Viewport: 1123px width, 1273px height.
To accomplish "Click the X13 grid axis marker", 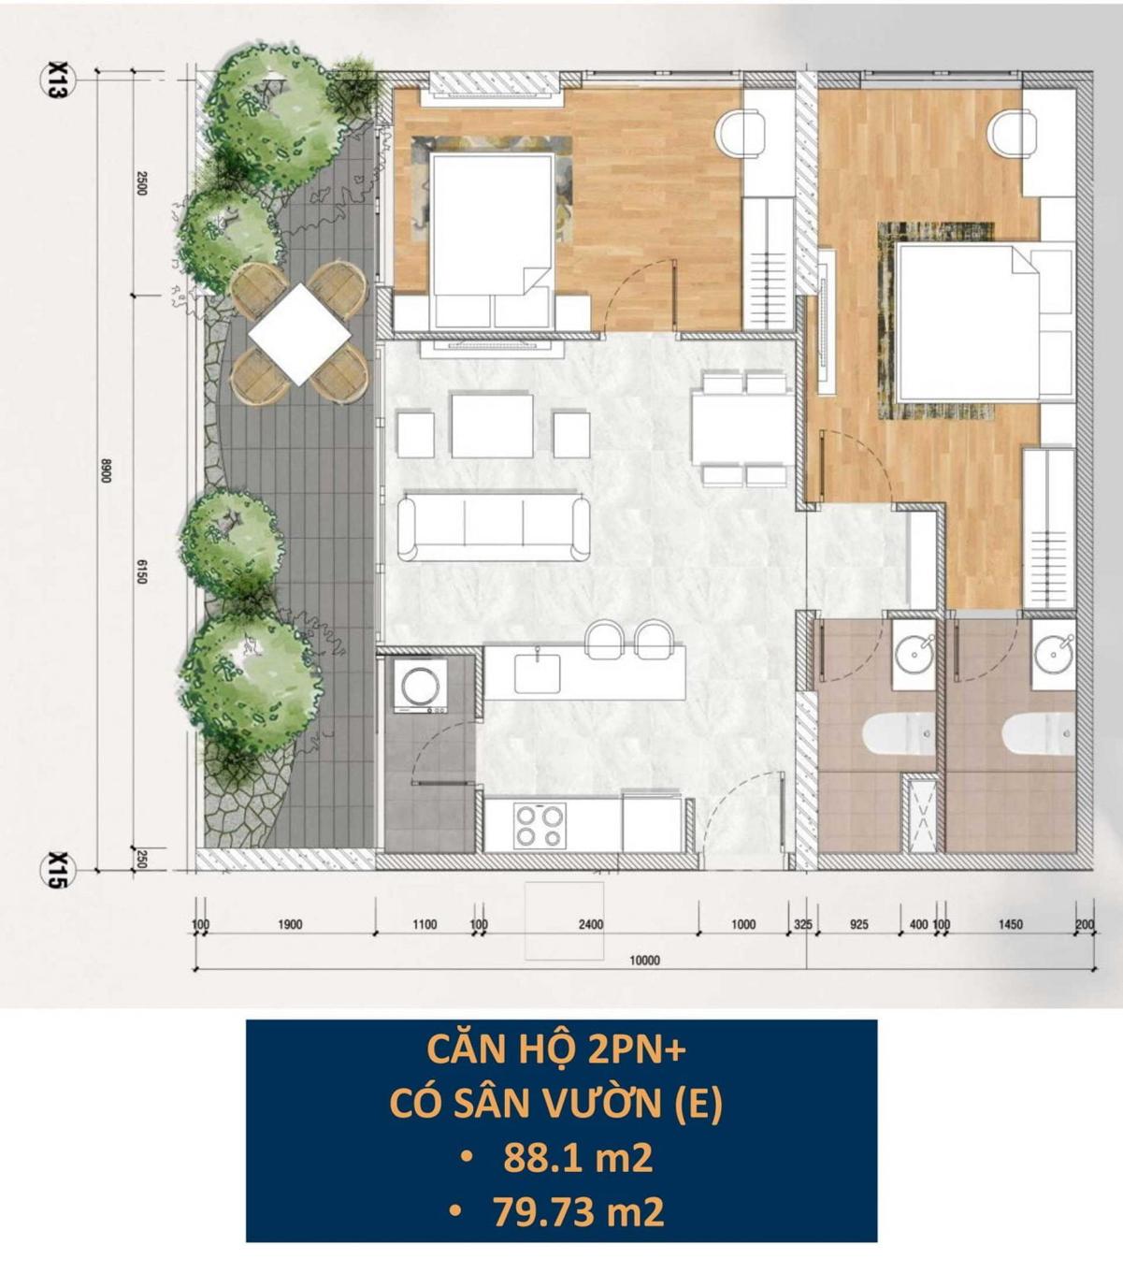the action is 58,80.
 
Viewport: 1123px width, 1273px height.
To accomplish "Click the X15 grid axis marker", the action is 58,870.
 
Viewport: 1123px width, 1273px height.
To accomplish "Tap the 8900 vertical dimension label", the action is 106,470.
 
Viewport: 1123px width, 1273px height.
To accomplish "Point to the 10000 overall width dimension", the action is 644,960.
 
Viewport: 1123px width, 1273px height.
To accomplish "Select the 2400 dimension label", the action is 591,924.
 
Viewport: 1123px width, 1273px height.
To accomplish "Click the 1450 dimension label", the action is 1010,924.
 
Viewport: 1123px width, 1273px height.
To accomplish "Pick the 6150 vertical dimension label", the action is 141,571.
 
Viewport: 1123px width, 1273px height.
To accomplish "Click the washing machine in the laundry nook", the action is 420,686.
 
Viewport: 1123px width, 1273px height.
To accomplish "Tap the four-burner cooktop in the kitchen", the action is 539,826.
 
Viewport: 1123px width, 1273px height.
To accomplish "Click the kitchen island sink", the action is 537,673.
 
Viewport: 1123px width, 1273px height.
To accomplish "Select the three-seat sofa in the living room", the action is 494,528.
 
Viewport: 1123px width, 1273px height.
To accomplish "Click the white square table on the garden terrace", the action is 299,334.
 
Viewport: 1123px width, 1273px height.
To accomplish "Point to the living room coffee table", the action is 493,426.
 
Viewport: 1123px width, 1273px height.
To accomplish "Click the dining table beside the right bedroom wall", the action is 742,427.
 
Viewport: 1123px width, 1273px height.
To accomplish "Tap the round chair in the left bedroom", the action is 739,133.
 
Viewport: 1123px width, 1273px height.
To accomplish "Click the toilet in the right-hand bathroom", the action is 1038,733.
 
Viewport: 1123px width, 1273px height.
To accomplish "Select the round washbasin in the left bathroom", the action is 914,654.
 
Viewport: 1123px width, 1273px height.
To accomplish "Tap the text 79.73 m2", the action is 578,1213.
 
